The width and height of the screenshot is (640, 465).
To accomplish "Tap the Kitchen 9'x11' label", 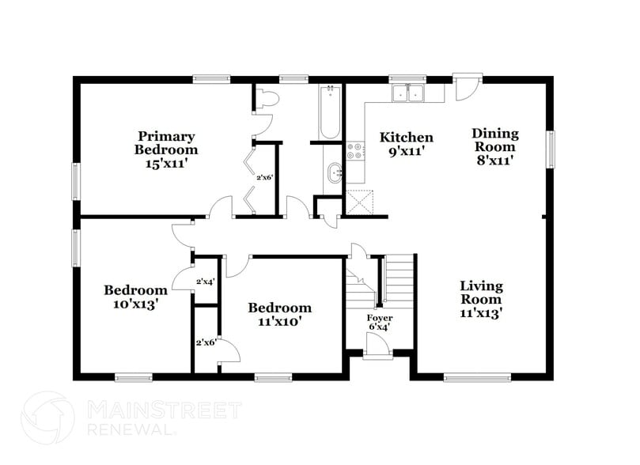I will click(406, 143).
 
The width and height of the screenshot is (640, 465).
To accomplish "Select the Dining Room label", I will click(494, 146).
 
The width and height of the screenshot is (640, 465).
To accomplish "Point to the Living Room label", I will click(482, 299).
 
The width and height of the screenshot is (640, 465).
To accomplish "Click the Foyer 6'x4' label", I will click(379, 322).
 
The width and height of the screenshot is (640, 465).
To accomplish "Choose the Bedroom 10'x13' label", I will click(135, 297).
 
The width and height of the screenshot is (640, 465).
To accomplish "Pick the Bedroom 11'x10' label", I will click(279, 314).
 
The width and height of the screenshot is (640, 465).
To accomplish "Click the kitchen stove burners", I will click(355, 150).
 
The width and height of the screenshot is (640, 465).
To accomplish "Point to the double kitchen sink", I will click(409, 94).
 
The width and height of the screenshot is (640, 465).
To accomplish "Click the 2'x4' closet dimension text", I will click(206, 281).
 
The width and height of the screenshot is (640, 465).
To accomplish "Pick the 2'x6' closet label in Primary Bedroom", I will click(264, 177).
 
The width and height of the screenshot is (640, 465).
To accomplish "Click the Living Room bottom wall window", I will click(475, 377).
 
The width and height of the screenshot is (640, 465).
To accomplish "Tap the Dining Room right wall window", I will click(550, 148).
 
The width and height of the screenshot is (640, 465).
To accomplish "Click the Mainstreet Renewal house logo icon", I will click(49, 418).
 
